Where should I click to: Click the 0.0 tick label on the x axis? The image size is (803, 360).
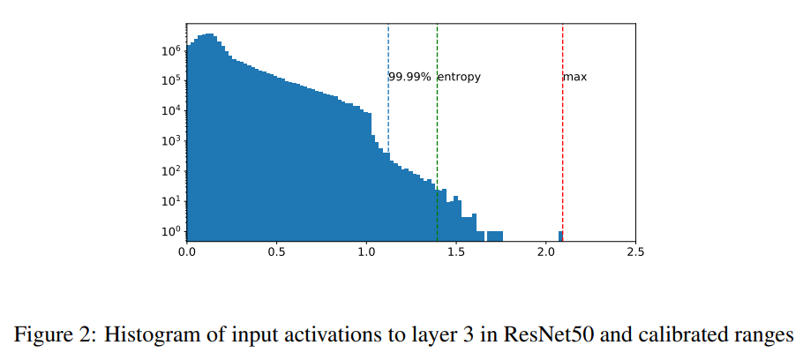[187, 251]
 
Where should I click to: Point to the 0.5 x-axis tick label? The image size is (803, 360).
[277, 251]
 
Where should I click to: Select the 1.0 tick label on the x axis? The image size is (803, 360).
[366, 251]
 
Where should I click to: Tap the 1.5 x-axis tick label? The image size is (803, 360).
[456, 251]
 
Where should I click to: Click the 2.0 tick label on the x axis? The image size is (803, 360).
[545, 251]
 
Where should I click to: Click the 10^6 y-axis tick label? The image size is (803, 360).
[171, 50]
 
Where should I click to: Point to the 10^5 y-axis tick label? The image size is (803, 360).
[171, 80]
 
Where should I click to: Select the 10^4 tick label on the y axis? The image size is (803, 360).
[171, 110]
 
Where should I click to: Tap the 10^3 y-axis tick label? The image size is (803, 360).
[171, 140]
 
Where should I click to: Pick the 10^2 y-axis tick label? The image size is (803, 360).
[171, 170]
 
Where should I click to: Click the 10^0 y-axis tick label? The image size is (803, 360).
[171, 231]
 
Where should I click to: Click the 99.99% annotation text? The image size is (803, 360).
[409, 77]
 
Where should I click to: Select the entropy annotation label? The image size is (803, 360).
[459, 77]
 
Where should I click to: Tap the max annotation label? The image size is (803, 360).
[575, 77]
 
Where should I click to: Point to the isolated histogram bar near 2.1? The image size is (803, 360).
[560, 235]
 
